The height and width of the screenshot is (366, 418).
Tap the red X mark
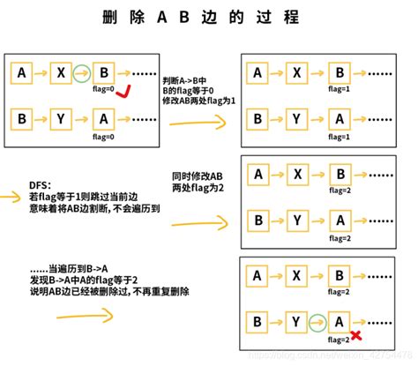(355, 335)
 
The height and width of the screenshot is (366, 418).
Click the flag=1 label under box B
(339, 91)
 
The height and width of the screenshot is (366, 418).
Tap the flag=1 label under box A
(339, 138)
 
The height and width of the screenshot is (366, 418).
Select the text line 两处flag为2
(196, 188)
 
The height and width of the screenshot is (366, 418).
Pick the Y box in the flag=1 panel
(298, 118)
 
